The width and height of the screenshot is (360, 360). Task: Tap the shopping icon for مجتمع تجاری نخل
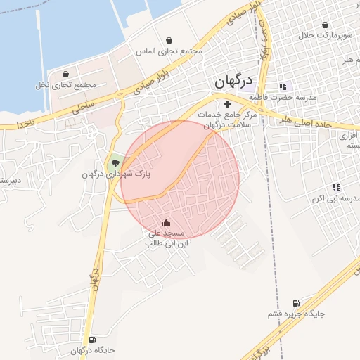tap(65, 73)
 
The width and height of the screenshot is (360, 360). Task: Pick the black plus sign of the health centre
tap(226, 104)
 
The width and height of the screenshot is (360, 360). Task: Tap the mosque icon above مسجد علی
tap(166, 224)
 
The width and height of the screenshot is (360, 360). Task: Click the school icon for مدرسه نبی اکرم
tap(336, 187)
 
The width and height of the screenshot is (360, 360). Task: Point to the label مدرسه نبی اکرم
tap(335, 198)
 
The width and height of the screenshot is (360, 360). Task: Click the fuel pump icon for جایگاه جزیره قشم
tap(295, 302)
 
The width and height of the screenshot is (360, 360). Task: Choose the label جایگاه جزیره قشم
tap(296, 314)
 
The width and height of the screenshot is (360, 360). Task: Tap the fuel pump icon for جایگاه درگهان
tap(94, 340)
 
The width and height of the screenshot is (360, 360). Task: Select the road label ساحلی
tap(84, 106)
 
